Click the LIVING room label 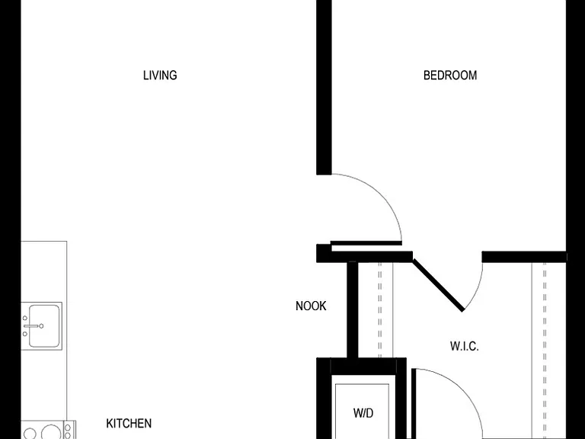pyautogui.click(x=160, y=75)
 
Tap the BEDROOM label pyautogui.click(x=450, y=75)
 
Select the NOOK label pyautogui.click(x=311, y=306)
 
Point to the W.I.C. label pyautogui.click(x=465, y=347)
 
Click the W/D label pyautogui.click(x=363, y=413)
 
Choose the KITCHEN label pyautogui.click(x=129, y=424)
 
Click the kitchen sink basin pyautogui.click(x=44, y=326)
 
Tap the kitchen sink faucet pyautogui.click(x=33, y=326)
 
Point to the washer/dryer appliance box pyautogui.click(x=362, y=411)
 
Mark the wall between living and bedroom pyautogui.click(x=324, y=88)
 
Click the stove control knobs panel pyautogui.click(x=68, y=430)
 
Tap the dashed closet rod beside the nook pyautogui.click(x=380, y=310)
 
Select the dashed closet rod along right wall pyautogui.click(x=545, y=351)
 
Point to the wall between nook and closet pyautogui.click(x=352, y=310)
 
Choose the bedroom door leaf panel pyautogui.click(x=366, y=243)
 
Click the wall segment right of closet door pyautogui.click(x=524, y=257)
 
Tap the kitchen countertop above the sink pyautogui.click(x=43, y=271)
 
